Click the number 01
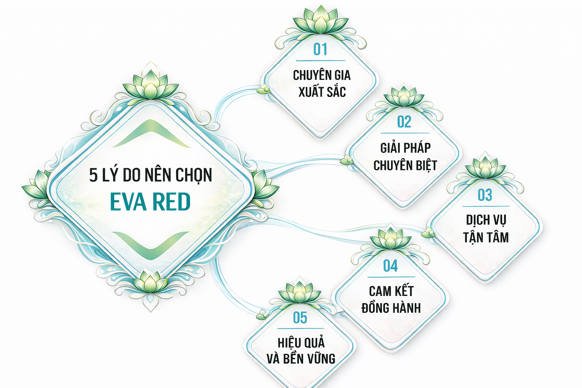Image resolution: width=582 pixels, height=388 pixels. pyautogui.click(x=320, y=50)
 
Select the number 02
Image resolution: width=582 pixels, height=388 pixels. pyautogui.click(x=404, y=122)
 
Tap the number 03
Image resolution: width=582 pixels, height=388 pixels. pyautogui.click(x=485, y=195)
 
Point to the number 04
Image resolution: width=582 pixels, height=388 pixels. pyautogui.click(x=390, y=266)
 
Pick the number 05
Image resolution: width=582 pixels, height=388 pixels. pyautogui.click(x=300, y=318)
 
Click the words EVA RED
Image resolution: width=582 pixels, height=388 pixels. pyautogui.click(x=150, y=202)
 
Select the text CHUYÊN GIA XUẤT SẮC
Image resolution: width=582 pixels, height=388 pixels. pyautogui.click(x=322, y=83)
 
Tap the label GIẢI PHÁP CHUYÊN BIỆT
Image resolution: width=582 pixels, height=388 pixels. pyautogui.click(x=405, y=156)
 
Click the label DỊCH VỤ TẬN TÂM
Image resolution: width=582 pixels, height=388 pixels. pyautogui.click(x=486, y=229)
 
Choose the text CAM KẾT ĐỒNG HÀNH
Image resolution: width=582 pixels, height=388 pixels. pyautogui.click(x=391, y=299)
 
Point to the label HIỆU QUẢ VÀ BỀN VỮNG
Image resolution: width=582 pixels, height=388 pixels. pyautogui.click(x=301, y=350)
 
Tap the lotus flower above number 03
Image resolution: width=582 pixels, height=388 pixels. pyautogui.click(x=485, y=167)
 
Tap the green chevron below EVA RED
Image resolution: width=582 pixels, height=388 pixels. pyautogui.click(x=151, y=245)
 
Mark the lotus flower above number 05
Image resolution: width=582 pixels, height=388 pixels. pyautogui.click(x=299, y=293)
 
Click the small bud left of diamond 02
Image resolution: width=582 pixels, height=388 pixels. pyautogui.click(x=346, y=160)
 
